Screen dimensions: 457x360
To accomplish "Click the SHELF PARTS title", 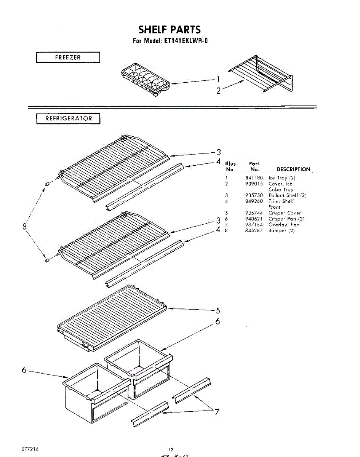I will [170, 29].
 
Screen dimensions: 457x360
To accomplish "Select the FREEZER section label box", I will [68, 58].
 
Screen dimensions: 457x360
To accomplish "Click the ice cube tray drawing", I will [145, 80].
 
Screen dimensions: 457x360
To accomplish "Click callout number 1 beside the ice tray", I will [218, 79].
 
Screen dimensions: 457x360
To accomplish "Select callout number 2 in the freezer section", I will [218, 91].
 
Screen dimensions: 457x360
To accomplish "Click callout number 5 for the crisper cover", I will [218, 310].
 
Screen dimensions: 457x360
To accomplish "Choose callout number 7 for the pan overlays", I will [216, 412].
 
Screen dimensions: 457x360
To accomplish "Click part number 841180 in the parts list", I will [254, 178].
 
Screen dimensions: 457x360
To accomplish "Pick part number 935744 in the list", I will [254, 213].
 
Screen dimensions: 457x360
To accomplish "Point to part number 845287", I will [254, 230].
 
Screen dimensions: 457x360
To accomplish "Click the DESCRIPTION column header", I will [293, 169].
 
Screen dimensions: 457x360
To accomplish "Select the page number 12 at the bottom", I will [171, 449].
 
